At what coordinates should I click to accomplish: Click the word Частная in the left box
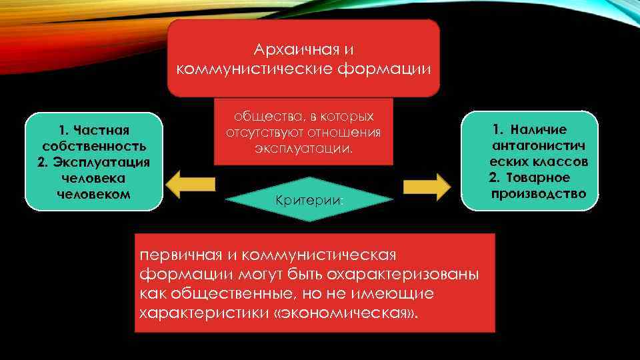[102, 129]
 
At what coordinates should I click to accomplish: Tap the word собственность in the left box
[93, 145]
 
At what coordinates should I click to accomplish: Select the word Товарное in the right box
[538, 178]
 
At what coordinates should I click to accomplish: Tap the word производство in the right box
[539, 194]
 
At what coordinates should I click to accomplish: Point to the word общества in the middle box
[256, 116]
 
